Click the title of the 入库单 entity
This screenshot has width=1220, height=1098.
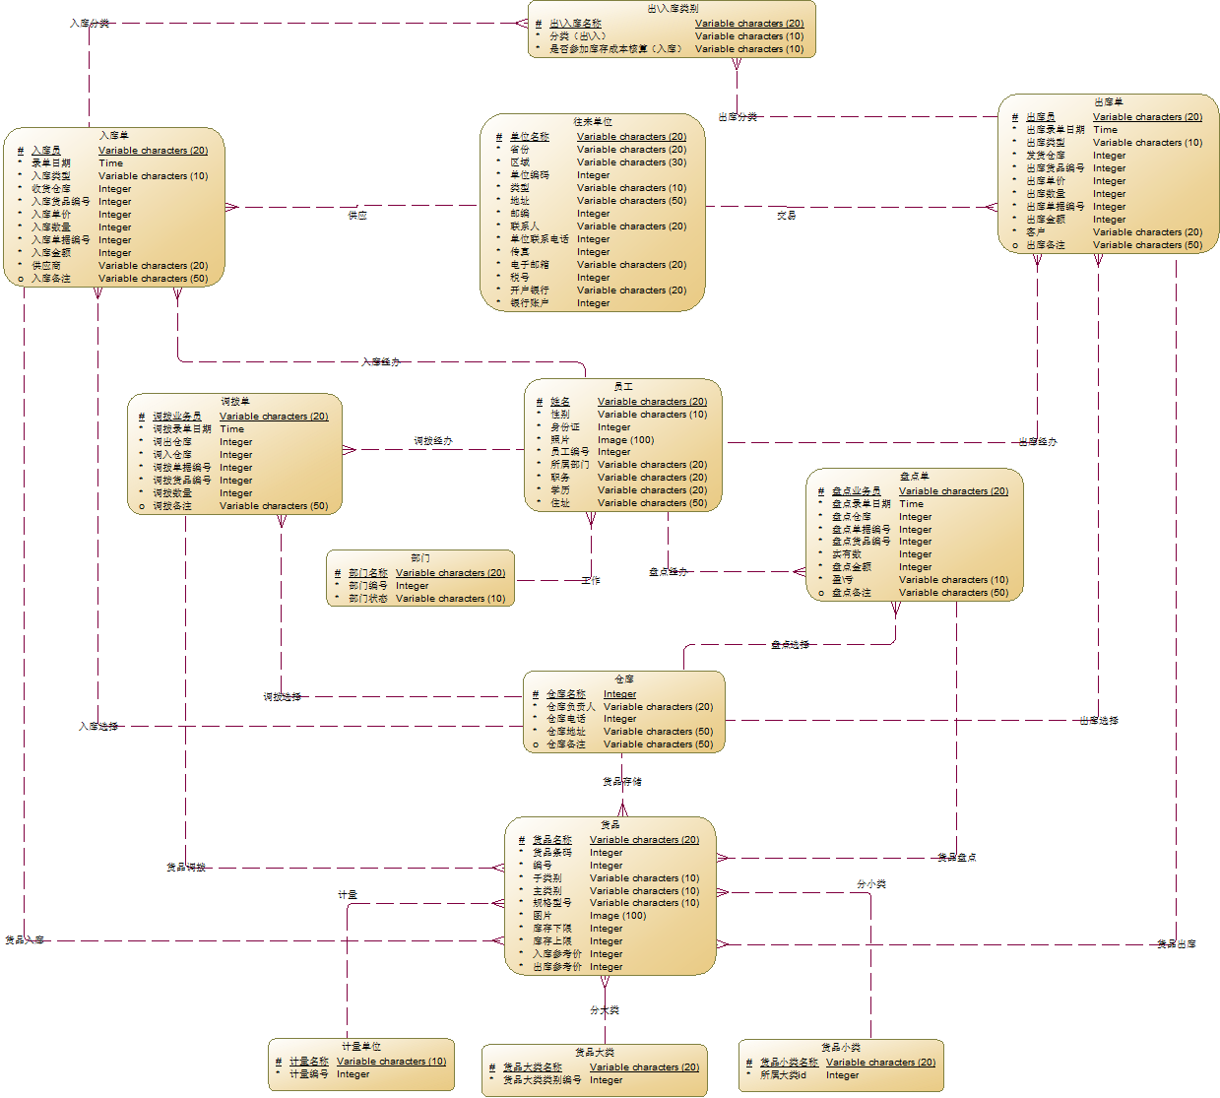[113, 136]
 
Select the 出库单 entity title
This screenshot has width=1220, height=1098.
[1108, 102]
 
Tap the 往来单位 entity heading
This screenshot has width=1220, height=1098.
[593, 122]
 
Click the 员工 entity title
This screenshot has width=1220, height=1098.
[622, 387]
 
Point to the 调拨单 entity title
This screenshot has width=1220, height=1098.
[234, 402]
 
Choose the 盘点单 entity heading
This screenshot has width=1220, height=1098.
[914, 477]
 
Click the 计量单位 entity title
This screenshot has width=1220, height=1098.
[360, 1047]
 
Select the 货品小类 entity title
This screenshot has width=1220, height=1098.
[840, 1048]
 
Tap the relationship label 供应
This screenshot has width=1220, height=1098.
[357, 215]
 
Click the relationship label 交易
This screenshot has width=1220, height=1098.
[786, 215]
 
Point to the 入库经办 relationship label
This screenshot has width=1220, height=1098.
[381, 362]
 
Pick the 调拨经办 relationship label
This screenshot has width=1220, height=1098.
[432, 441]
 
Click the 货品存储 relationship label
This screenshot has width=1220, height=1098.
[622, 782]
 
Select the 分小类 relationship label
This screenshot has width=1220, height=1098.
[871, 884]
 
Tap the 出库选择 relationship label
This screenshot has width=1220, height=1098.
[1098, 721]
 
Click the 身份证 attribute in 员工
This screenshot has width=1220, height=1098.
[565, 427]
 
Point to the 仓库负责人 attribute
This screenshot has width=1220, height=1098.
[571, 707]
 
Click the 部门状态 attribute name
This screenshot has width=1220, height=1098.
[368, 599]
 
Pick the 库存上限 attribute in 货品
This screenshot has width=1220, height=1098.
[551, 941]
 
